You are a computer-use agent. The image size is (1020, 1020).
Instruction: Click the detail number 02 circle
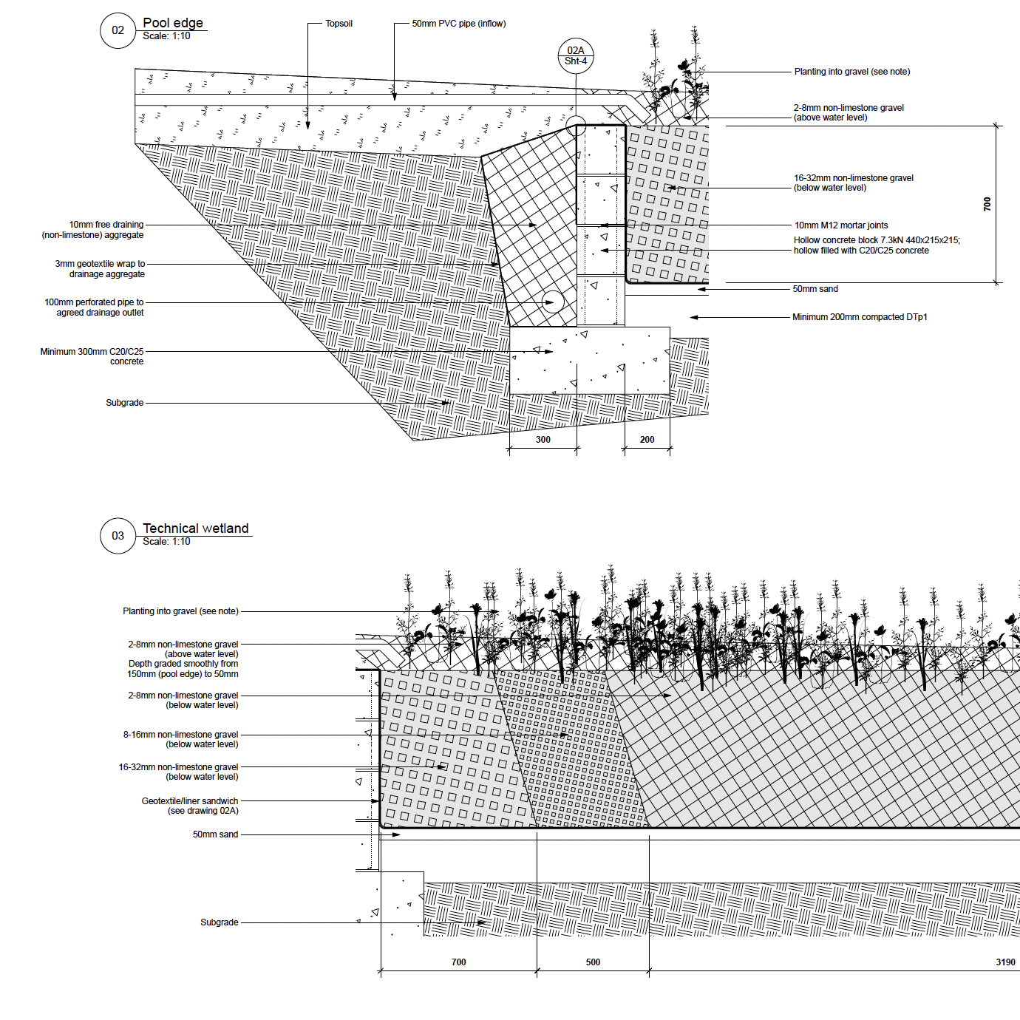click(118, 30)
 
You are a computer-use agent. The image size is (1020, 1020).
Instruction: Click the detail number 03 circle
click(118, 536)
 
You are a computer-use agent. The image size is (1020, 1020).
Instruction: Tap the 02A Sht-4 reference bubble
click(575, 56)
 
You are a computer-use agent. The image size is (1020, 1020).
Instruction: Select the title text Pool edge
click(173, 23)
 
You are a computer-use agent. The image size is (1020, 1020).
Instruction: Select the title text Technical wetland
click(196, 528)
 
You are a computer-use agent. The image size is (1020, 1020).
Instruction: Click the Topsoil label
click(339, 24)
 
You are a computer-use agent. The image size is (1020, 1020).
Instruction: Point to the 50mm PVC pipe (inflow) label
click(458, 24)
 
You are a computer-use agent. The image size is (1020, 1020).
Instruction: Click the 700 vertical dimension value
click(987, 204)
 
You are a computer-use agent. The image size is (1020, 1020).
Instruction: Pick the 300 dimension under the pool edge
click(543, 440)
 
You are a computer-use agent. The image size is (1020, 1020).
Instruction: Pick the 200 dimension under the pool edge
click(647, 440)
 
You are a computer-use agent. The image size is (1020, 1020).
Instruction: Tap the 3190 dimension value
click(1005, 962)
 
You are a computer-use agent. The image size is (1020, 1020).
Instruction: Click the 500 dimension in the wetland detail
click(593, 962)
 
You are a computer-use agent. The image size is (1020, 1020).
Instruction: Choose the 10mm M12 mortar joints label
click(841, 225)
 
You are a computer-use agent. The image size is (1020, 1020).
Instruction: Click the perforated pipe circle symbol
click(552, 302)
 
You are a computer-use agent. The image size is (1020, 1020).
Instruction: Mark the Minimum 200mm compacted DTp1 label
click(860, 317)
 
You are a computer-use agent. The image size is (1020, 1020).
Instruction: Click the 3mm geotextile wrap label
click(101, 268)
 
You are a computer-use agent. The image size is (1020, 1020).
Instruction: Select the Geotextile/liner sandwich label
click(190, 806)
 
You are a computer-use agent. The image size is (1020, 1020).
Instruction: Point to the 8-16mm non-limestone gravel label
click(180, 739)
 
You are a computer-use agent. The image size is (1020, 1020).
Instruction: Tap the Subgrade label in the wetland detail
click(220, 922)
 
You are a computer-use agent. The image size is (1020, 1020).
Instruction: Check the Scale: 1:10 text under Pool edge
click(166, 36)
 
